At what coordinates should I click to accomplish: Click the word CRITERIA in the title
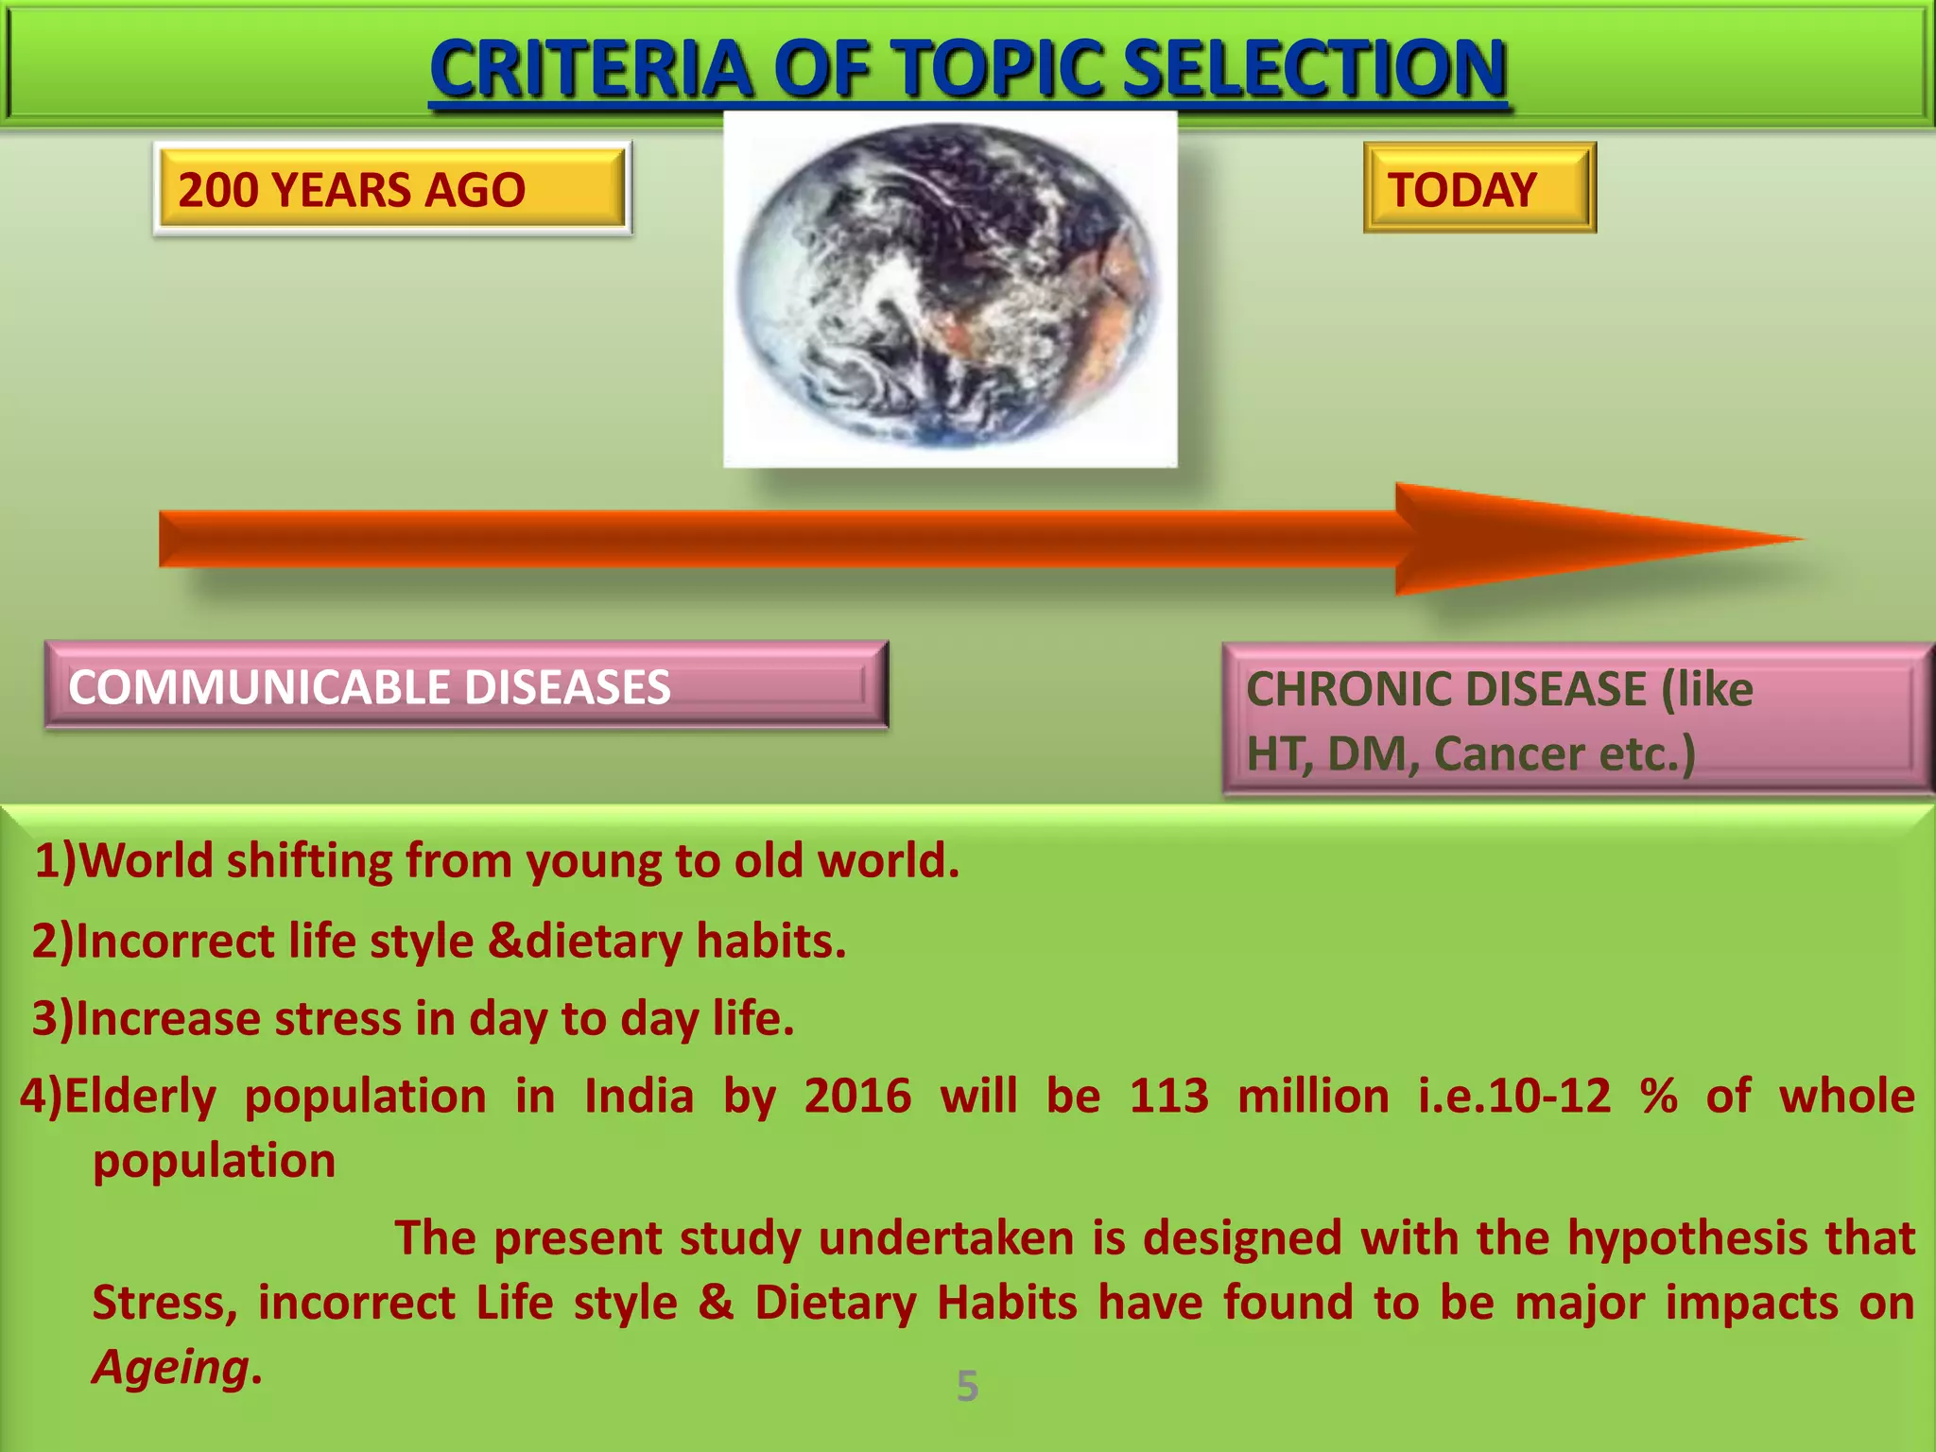click(591, 69)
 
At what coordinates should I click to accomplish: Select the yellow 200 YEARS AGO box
click(391, 189)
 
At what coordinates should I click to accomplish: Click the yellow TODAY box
click(1479, 188)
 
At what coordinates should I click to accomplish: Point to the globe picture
click(950, 288)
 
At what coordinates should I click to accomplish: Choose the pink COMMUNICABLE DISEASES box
click(466, 686)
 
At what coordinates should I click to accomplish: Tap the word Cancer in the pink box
click(1509, 754)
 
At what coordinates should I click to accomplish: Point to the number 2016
click(857, 1097)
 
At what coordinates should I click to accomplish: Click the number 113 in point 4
click(1169, 1097)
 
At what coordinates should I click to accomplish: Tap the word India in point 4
click(639, 1097)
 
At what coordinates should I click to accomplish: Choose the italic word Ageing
click(171, 1367)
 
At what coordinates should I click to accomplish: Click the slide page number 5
click(967, 1386)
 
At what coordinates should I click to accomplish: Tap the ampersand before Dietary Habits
click(717, 1303)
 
